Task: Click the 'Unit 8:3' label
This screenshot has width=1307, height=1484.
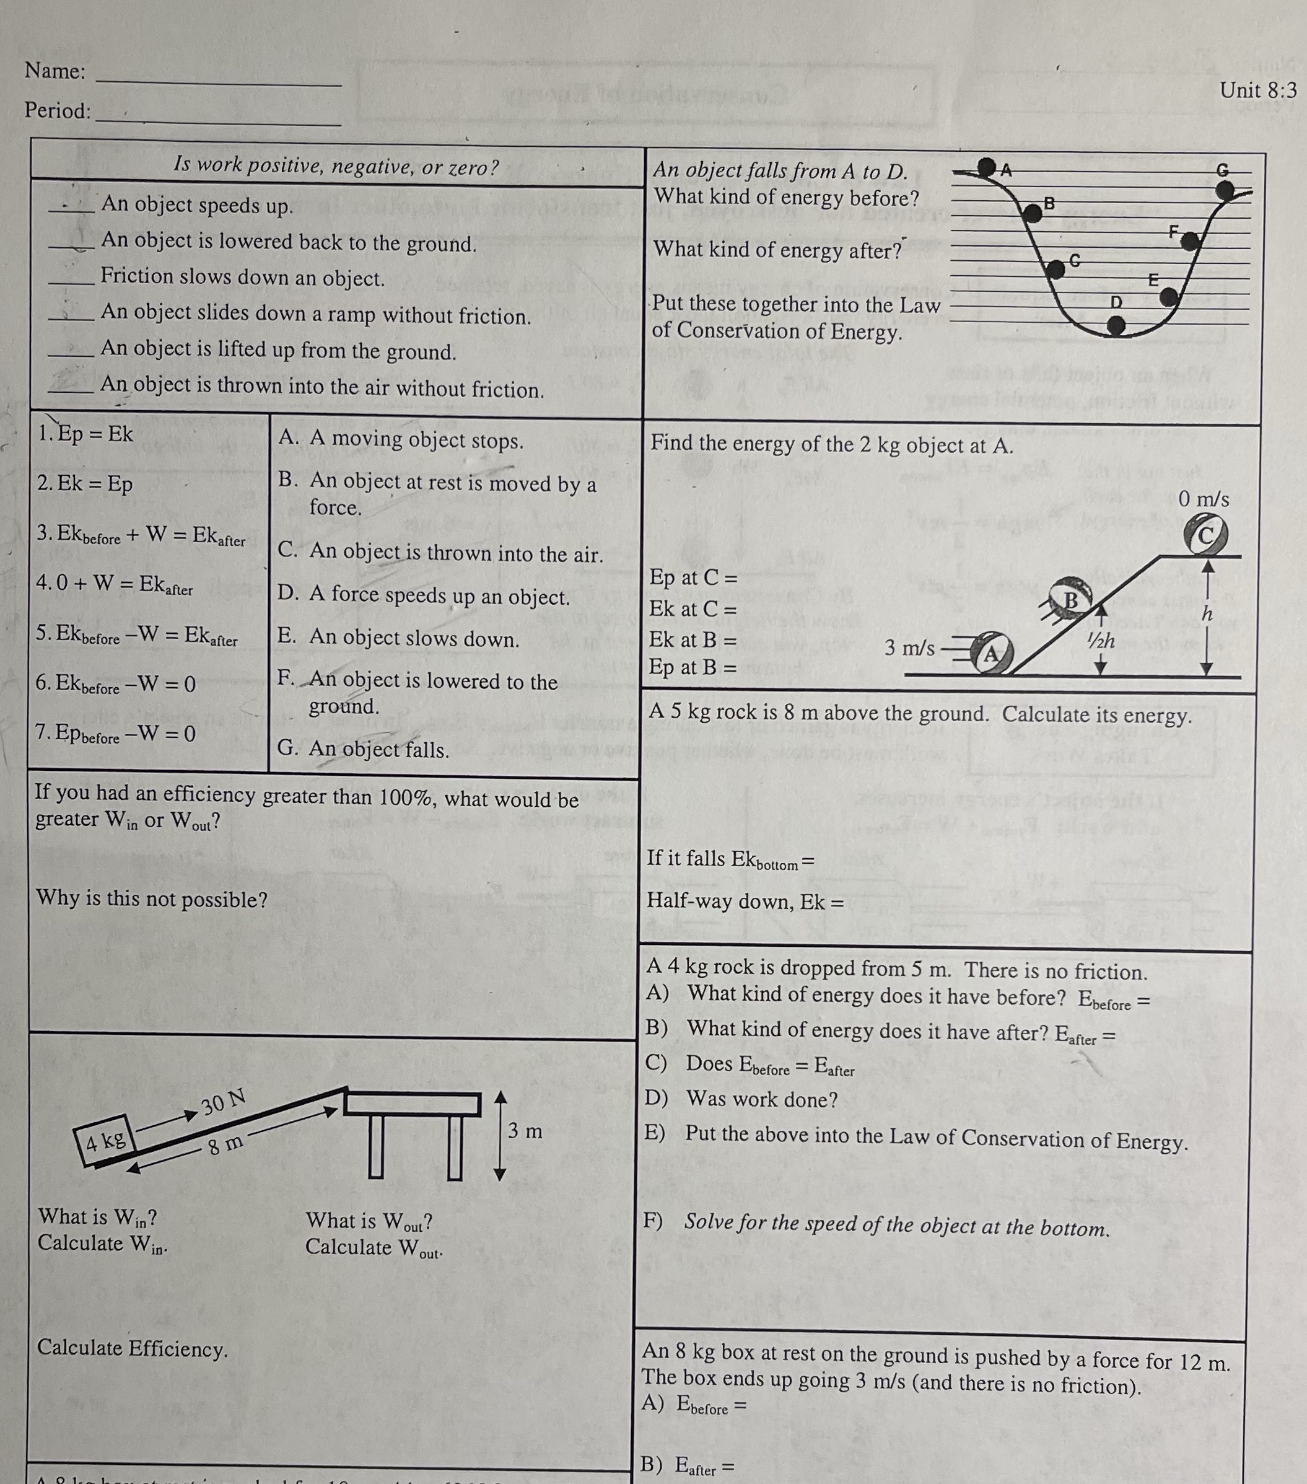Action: coord(1257,90)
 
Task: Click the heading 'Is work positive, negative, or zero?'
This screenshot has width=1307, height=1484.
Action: coord(336,167)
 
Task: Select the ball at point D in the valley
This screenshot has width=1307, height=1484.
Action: coord(1116,327)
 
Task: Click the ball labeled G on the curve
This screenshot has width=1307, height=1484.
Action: coord(1225,190)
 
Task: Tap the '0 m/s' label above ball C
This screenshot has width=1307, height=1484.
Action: coord(1204,499)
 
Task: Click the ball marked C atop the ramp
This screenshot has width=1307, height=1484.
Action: coord(1205,536)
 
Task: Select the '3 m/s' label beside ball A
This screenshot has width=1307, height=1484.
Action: coord(909,648)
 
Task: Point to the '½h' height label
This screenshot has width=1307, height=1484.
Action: coord(1101,640)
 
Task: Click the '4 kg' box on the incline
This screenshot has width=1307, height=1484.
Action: coord(105,1141)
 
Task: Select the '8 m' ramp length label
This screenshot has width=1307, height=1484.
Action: coord(225,1146)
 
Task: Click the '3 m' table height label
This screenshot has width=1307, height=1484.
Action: coord(525,1131)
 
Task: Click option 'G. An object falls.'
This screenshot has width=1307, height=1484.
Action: coord(363,749)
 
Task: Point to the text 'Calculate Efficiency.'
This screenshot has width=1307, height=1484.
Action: coord(132,1348)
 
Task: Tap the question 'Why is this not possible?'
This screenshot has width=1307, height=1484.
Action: coord(152,899)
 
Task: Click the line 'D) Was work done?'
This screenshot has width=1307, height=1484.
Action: coord(741,1099)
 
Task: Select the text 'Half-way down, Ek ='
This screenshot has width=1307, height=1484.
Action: coord(745,902)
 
